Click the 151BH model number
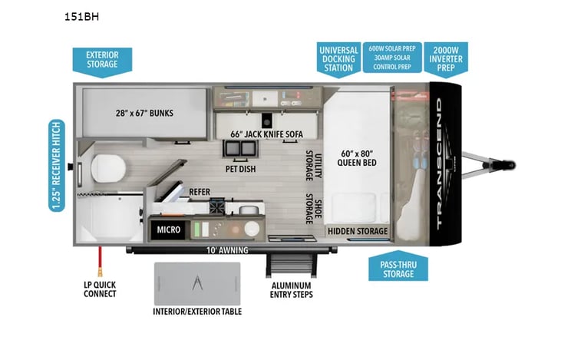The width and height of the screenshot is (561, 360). pyautogui.click(x=81, y=17)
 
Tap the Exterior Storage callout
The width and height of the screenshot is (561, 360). pyautogui.click(x=102, y=62)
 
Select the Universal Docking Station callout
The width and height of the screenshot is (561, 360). pyautogui.click(x=338, y=59)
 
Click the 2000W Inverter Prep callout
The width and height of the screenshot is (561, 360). pyautogui.click(x=446, y=59)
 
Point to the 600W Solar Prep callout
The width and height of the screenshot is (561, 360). pyautogui.click(x=392, y=58)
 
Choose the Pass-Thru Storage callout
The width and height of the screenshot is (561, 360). pyautogui.click(x=398, y=267)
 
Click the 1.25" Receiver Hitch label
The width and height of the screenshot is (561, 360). pyautogui.click(x=57, y=166)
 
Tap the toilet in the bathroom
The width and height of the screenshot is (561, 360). pyautogui.click(x=108, y=168)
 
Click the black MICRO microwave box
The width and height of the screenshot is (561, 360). pyautogui.click(x=168, y=230)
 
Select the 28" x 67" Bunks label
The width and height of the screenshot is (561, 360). pyautogui.click(x=144, y=113)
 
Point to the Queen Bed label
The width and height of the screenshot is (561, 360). pyautogui.click(x=357, y=158)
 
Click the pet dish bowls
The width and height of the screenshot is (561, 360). pyautogui.click(x=240, y=148)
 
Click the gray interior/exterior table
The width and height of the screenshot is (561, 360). pyautogui.click(x=197, y=283)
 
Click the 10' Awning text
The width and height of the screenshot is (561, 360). pyautogui.click(x=227, y=250)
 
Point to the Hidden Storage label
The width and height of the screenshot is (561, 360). pyautogui.click(x=358, y=231)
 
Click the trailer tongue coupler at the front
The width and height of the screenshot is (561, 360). pyautogui.click(x=508, y=165)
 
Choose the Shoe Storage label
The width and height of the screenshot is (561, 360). pyautogui.click(x=314, y=209)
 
